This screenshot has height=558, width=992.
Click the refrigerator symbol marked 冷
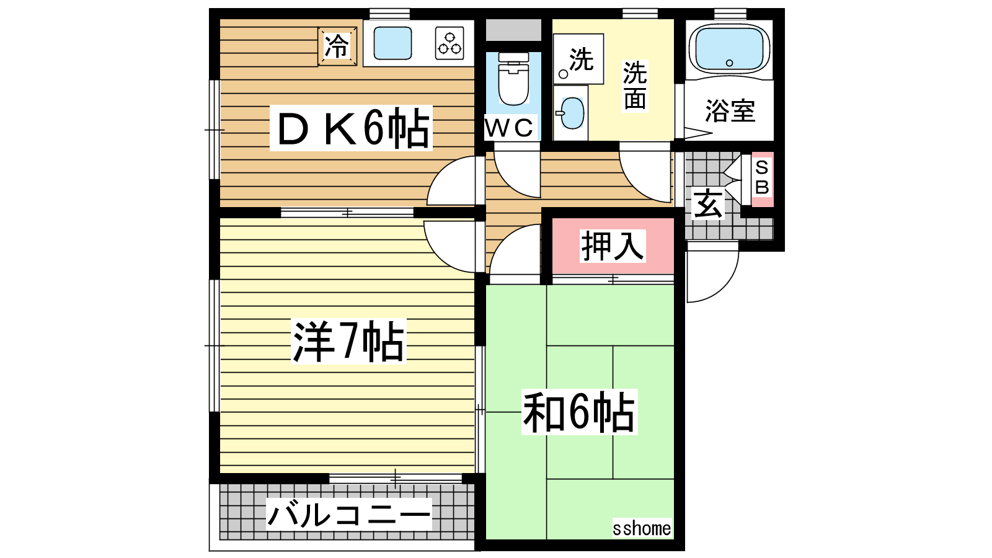click(337, 46)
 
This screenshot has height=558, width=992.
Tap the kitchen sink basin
click(393, 43)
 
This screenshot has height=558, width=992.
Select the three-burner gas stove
click(449, 43)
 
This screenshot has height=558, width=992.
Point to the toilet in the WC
click(513, 79)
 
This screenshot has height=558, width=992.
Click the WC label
click(510, 128)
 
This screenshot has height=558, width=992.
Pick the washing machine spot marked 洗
click(578, 59)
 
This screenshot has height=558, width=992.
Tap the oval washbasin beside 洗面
click(572, 113)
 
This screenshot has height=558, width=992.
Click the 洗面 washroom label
click(635, 86)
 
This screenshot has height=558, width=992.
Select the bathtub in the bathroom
click(729, 48)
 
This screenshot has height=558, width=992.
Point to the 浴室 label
click(730, 111)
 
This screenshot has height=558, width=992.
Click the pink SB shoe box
click(762, 179)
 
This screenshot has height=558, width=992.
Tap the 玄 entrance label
click(708, 204)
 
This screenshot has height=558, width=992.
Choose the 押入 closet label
click(613, 246)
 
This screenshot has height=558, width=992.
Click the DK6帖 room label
click(351, 128)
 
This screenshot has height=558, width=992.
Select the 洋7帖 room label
click(348, 341)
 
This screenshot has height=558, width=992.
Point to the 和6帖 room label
click(579, 412)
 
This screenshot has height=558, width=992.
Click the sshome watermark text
click(642, 528)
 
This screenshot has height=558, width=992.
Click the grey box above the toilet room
click(514, 30)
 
